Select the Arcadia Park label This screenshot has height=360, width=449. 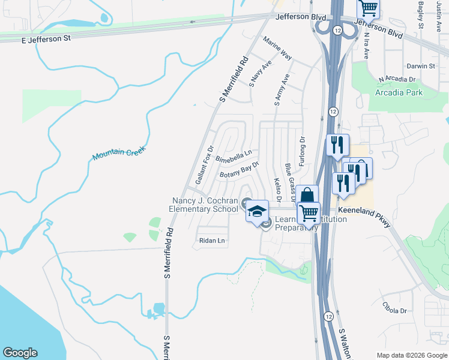click(x=399, y=92)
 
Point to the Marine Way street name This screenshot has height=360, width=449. click(x=277, y=48)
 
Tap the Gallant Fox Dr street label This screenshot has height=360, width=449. click(x=204, y=164)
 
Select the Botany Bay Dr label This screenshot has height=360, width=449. click(x=239, y=170)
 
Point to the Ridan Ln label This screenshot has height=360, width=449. click(x=211, y=241)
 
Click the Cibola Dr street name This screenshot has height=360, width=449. click(x=394, y=307)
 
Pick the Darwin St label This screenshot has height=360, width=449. click(x=420, y=66)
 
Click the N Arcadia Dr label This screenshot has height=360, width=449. click(x=397, y=79)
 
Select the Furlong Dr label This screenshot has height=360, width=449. click(x=303, y=148)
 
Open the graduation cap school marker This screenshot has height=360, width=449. click(x=258, y=212)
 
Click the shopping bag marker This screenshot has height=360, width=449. click(x=307, y=196)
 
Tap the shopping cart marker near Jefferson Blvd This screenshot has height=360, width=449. click(x=368, y=8)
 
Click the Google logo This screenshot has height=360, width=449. click(x=20, y=353)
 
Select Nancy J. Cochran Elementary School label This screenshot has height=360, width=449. click(x=205, y=205)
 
